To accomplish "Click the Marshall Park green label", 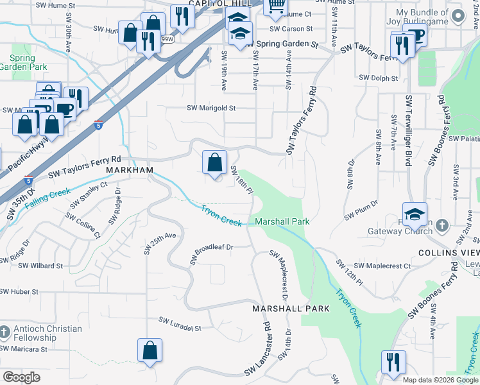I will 282,221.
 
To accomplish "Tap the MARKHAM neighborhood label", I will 130,169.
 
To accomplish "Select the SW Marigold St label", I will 211,108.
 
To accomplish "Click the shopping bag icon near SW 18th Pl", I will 214,162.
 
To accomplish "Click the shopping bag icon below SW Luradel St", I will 150,350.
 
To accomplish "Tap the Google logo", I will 21,377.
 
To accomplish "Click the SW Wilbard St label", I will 40,265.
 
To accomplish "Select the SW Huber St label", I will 19,291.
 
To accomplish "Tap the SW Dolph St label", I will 379,78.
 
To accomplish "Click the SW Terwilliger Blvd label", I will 407,131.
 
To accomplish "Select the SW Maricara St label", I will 24,349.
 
